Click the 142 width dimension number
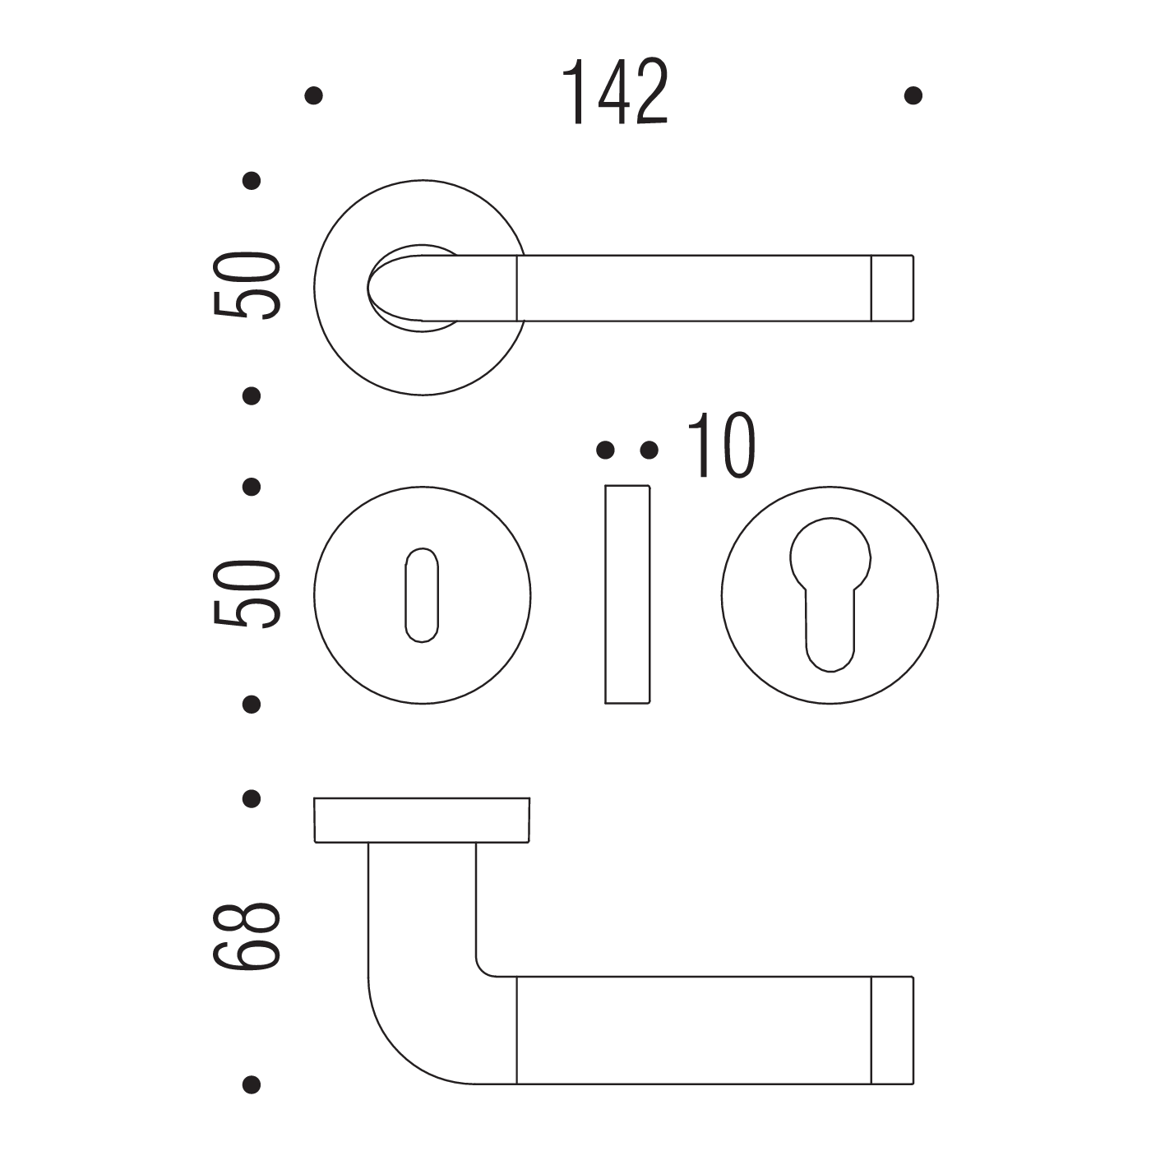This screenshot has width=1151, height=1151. coord(615,91)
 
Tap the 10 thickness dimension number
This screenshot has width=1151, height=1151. coord(722,445)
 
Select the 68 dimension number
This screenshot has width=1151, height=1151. coord(246,936)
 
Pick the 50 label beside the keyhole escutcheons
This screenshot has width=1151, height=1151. coord(246,593)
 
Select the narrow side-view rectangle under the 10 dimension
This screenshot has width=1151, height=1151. coord(627,595)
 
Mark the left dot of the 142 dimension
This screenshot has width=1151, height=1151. coord(313,95)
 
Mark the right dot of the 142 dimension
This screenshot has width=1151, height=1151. coord(913,95)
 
